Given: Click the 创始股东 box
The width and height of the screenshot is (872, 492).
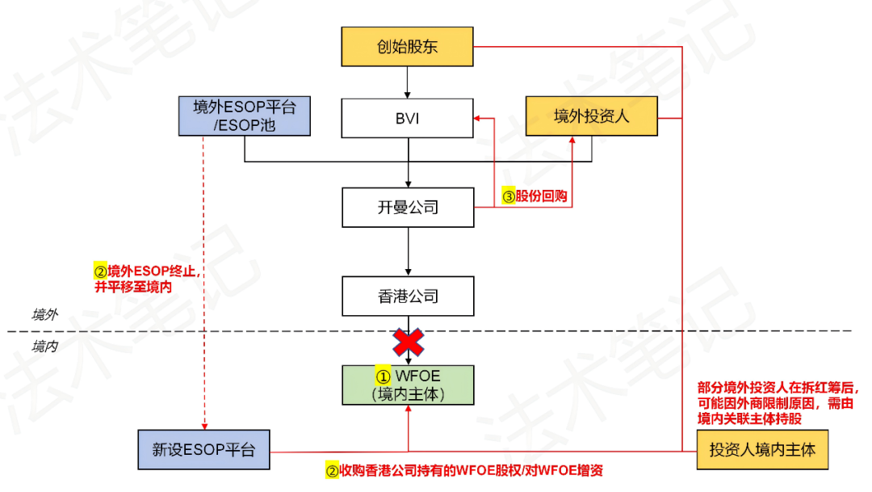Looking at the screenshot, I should [x=407, y=46].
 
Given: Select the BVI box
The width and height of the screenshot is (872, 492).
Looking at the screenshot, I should [x=407, y=118].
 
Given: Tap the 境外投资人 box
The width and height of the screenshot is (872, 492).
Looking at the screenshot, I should [x=592, y=116].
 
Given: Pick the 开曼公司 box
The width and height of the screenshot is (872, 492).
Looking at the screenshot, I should [x=407, y=208].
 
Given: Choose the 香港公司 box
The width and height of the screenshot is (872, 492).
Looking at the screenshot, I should [x=407, y=296].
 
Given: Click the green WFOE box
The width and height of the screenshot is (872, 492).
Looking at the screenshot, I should [x=407, y=385].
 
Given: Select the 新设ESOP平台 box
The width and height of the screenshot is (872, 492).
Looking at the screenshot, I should [x=203, y=450].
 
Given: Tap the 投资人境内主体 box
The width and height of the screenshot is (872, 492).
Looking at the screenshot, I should [x=762, y=450].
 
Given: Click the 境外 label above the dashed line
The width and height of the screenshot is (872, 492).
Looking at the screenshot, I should [x=44, y=314].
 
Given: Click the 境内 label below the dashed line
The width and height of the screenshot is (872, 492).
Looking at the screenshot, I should [x=44, y=347].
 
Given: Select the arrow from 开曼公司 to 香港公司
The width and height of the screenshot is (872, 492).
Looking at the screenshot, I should [x=408, y=251].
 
